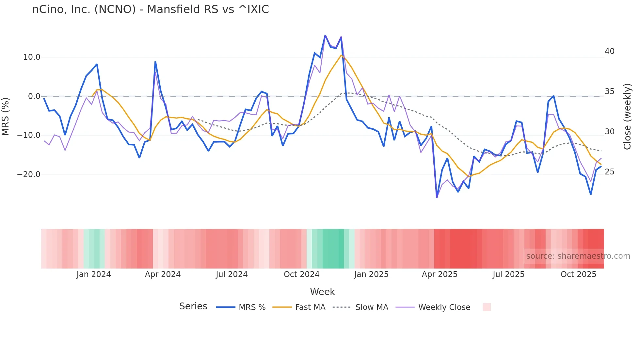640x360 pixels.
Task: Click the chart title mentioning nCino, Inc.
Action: (x=151, y=9)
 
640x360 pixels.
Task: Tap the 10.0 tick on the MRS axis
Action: (x=31, y=57)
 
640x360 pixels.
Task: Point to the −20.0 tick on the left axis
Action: (x=29, y=174)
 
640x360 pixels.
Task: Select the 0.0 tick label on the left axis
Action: (x=34, y=96)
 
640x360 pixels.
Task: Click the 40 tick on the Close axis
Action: (x=609, y=51)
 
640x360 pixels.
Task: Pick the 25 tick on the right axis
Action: (x=609, y=172)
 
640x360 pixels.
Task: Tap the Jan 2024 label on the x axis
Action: (x=94, y=274)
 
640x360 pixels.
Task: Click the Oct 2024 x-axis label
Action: (x=301, y=274)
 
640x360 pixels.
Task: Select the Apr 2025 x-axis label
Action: (x=440, y=274)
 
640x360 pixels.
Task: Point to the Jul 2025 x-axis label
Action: (x=508, y=274)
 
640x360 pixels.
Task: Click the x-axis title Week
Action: (x=322, y=292)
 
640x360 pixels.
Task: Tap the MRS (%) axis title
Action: (x=6, y=116)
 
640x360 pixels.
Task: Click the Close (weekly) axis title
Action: (x=627, y=117)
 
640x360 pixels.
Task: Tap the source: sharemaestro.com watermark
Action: (x=578, y=256)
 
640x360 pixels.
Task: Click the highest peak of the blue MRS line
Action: (x=325, y=35)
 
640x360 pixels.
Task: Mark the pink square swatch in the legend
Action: (x=487, y=307)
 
